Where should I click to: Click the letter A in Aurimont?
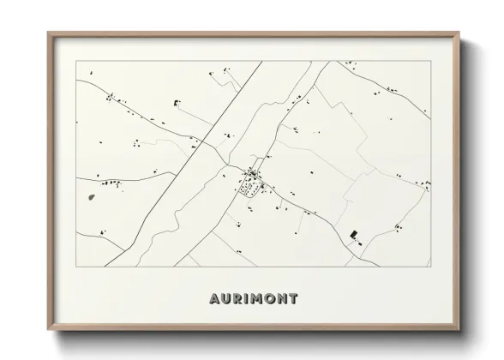tap(213, 299)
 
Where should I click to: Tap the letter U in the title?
tap(225, 299)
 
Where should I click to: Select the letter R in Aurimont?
tap(237, 299)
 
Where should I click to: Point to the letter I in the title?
tap(247, 299)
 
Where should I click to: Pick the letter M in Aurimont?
tap(257, 299)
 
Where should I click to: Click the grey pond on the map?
tap(91, 197)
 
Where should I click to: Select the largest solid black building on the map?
tap(353, 233)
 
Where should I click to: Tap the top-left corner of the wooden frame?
tap(48, 33)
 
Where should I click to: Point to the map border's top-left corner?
tap(76, 62)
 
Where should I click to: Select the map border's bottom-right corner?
tap(429, 266)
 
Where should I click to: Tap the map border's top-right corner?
tap(429, 62)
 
